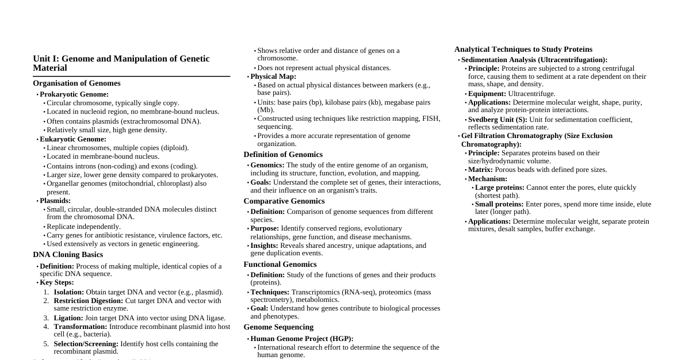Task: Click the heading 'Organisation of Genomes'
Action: [76, 83]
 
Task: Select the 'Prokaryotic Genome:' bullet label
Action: [74, 94]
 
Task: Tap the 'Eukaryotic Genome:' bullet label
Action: [73, 139]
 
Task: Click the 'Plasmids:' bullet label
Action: [55, 201]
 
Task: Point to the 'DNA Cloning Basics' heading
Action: [68, 255]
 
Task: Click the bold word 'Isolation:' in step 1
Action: [68, 292]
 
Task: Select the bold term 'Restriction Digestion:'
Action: [88, 301]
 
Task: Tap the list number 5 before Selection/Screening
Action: [46, 344]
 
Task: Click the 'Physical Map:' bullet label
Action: [273, 76]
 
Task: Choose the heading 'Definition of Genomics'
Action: [283, 155]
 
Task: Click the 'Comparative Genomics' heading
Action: [284, 201]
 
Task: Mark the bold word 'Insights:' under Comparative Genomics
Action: [264, 246]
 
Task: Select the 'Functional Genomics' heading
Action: [280, 265]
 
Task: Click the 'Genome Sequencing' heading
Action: [278, 327]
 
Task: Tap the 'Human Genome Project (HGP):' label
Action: [302, 339]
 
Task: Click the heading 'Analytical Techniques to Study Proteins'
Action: [523, 49]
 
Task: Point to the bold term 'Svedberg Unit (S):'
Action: [498, 120]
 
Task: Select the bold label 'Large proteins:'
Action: [500, 187]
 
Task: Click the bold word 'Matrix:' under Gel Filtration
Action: [480, 170]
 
